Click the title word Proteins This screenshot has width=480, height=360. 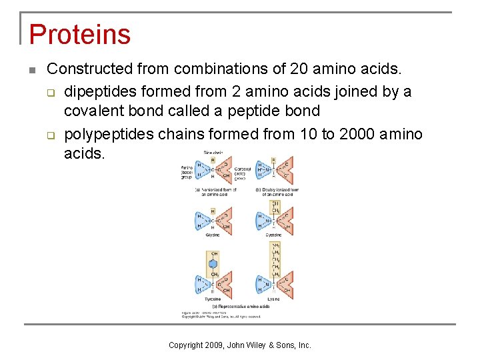pyautogui.click(x=79, y=34)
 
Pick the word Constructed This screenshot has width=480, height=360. pyautogui.click(x=91, y=69)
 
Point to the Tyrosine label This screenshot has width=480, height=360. pyautogui.click(x=213, y=299)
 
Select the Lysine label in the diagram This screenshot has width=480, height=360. pyautogui.click(x=273, y=299)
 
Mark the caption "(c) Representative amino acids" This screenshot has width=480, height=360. pyautogui.click(x=244, y=307)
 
